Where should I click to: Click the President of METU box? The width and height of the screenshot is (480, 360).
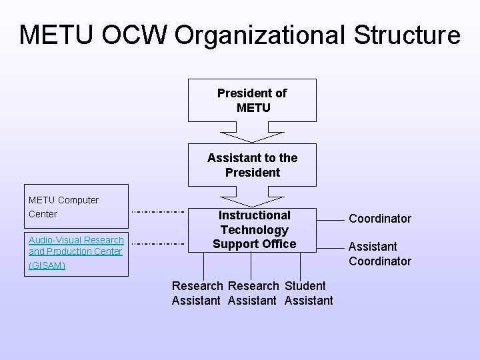[252, 100]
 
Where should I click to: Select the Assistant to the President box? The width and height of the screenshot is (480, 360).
[252, 165]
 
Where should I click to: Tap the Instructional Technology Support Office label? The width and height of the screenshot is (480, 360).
[254, 229]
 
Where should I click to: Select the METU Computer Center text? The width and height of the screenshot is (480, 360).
[63, 207]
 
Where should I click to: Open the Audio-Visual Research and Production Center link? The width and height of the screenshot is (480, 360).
[76, 245]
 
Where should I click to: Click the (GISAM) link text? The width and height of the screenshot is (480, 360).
[47, 265]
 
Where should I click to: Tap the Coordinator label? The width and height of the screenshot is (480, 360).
[380, 219]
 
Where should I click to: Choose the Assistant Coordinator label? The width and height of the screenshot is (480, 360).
[380, 253]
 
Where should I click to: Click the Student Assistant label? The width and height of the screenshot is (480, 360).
[308, 293]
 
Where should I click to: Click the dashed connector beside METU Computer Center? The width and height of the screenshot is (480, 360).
[157, 211]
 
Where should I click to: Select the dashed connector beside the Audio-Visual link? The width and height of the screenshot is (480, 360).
[157, 244]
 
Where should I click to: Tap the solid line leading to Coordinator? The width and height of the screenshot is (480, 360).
[329, 218]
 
